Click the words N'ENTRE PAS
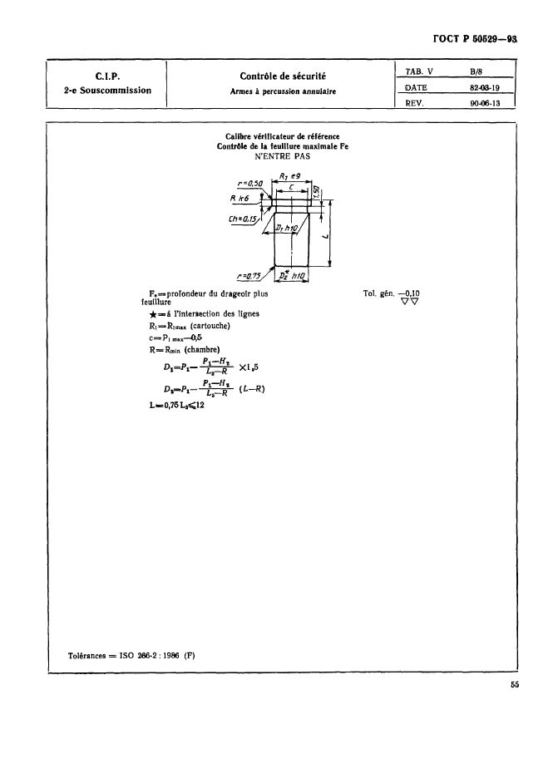[x=281, y=155]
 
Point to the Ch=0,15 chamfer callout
[x=244, y=220]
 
